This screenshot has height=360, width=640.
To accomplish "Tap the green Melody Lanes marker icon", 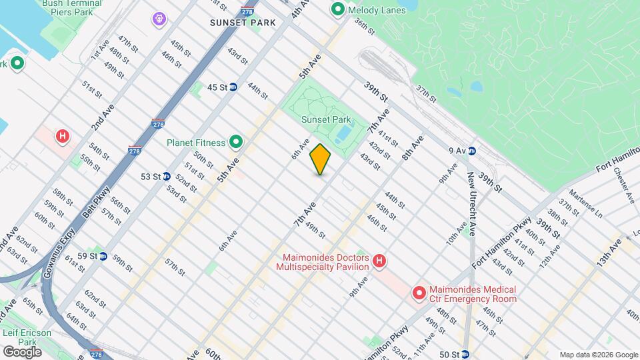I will click(337, 10).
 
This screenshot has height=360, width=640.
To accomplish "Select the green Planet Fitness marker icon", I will click(235, 141).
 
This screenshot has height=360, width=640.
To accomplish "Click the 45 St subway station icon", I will click(233, 87).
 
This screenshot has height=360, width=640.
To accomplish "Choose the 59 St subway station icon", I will click(103, 256).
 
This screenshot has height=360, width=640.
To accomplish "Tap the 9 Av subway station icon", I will click(471, 151).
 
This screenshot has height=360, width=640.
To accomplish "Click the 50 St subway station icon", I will click(465, 354).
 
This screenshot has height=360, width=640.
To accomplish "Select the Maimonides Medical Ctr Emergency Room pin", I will click(419, 293).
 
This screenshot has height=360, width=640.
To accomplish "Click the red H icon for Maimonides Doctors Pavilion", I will click(379, 260).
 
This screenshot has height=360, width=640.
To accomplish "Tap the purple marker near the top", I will click(159, 19).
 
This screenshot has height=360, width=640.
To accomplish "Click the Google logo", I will click(22, 351).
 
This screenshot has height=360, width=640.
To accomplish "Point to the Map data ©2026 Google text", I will click(599, 355).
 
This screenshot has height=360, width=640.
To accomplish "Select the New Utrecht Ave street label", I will click(471, 194).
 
